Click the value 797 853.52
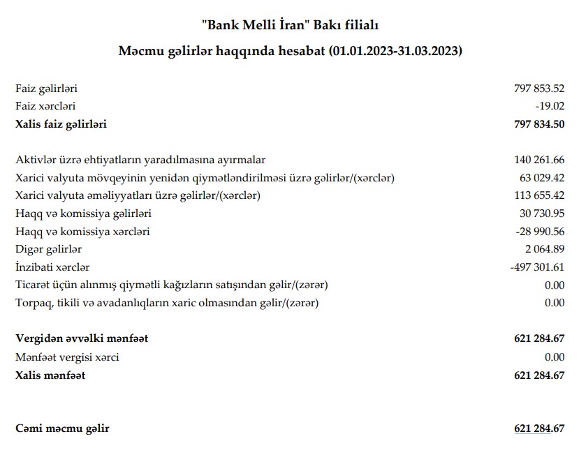pos(538,89)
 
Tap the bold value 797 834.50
pos(538,125)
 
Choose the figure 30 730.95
pos(541,213)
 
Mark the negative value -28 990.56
pos(540,231)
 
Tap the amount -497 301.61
pos(537,267)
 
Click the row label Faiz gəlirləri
pos(46,89)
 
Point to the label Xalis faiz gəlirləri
pos(61,125)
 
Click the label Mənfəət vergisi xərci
pos(67,357)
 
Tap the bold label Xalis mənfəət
pos(50,375)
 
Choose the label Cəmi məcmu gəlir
pos(62,428)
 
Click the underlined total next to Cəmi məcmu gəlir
pos(538,428)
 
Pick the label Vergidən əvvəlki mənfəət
pos(82,339)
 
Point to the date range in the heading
pos(396,52)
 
